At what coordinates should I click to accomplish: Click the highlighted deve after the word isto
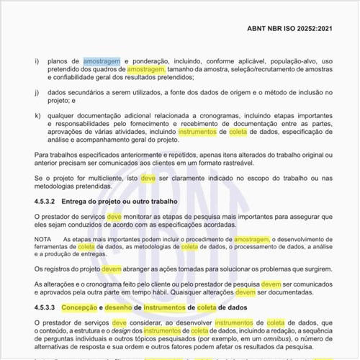pos(148,178)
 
